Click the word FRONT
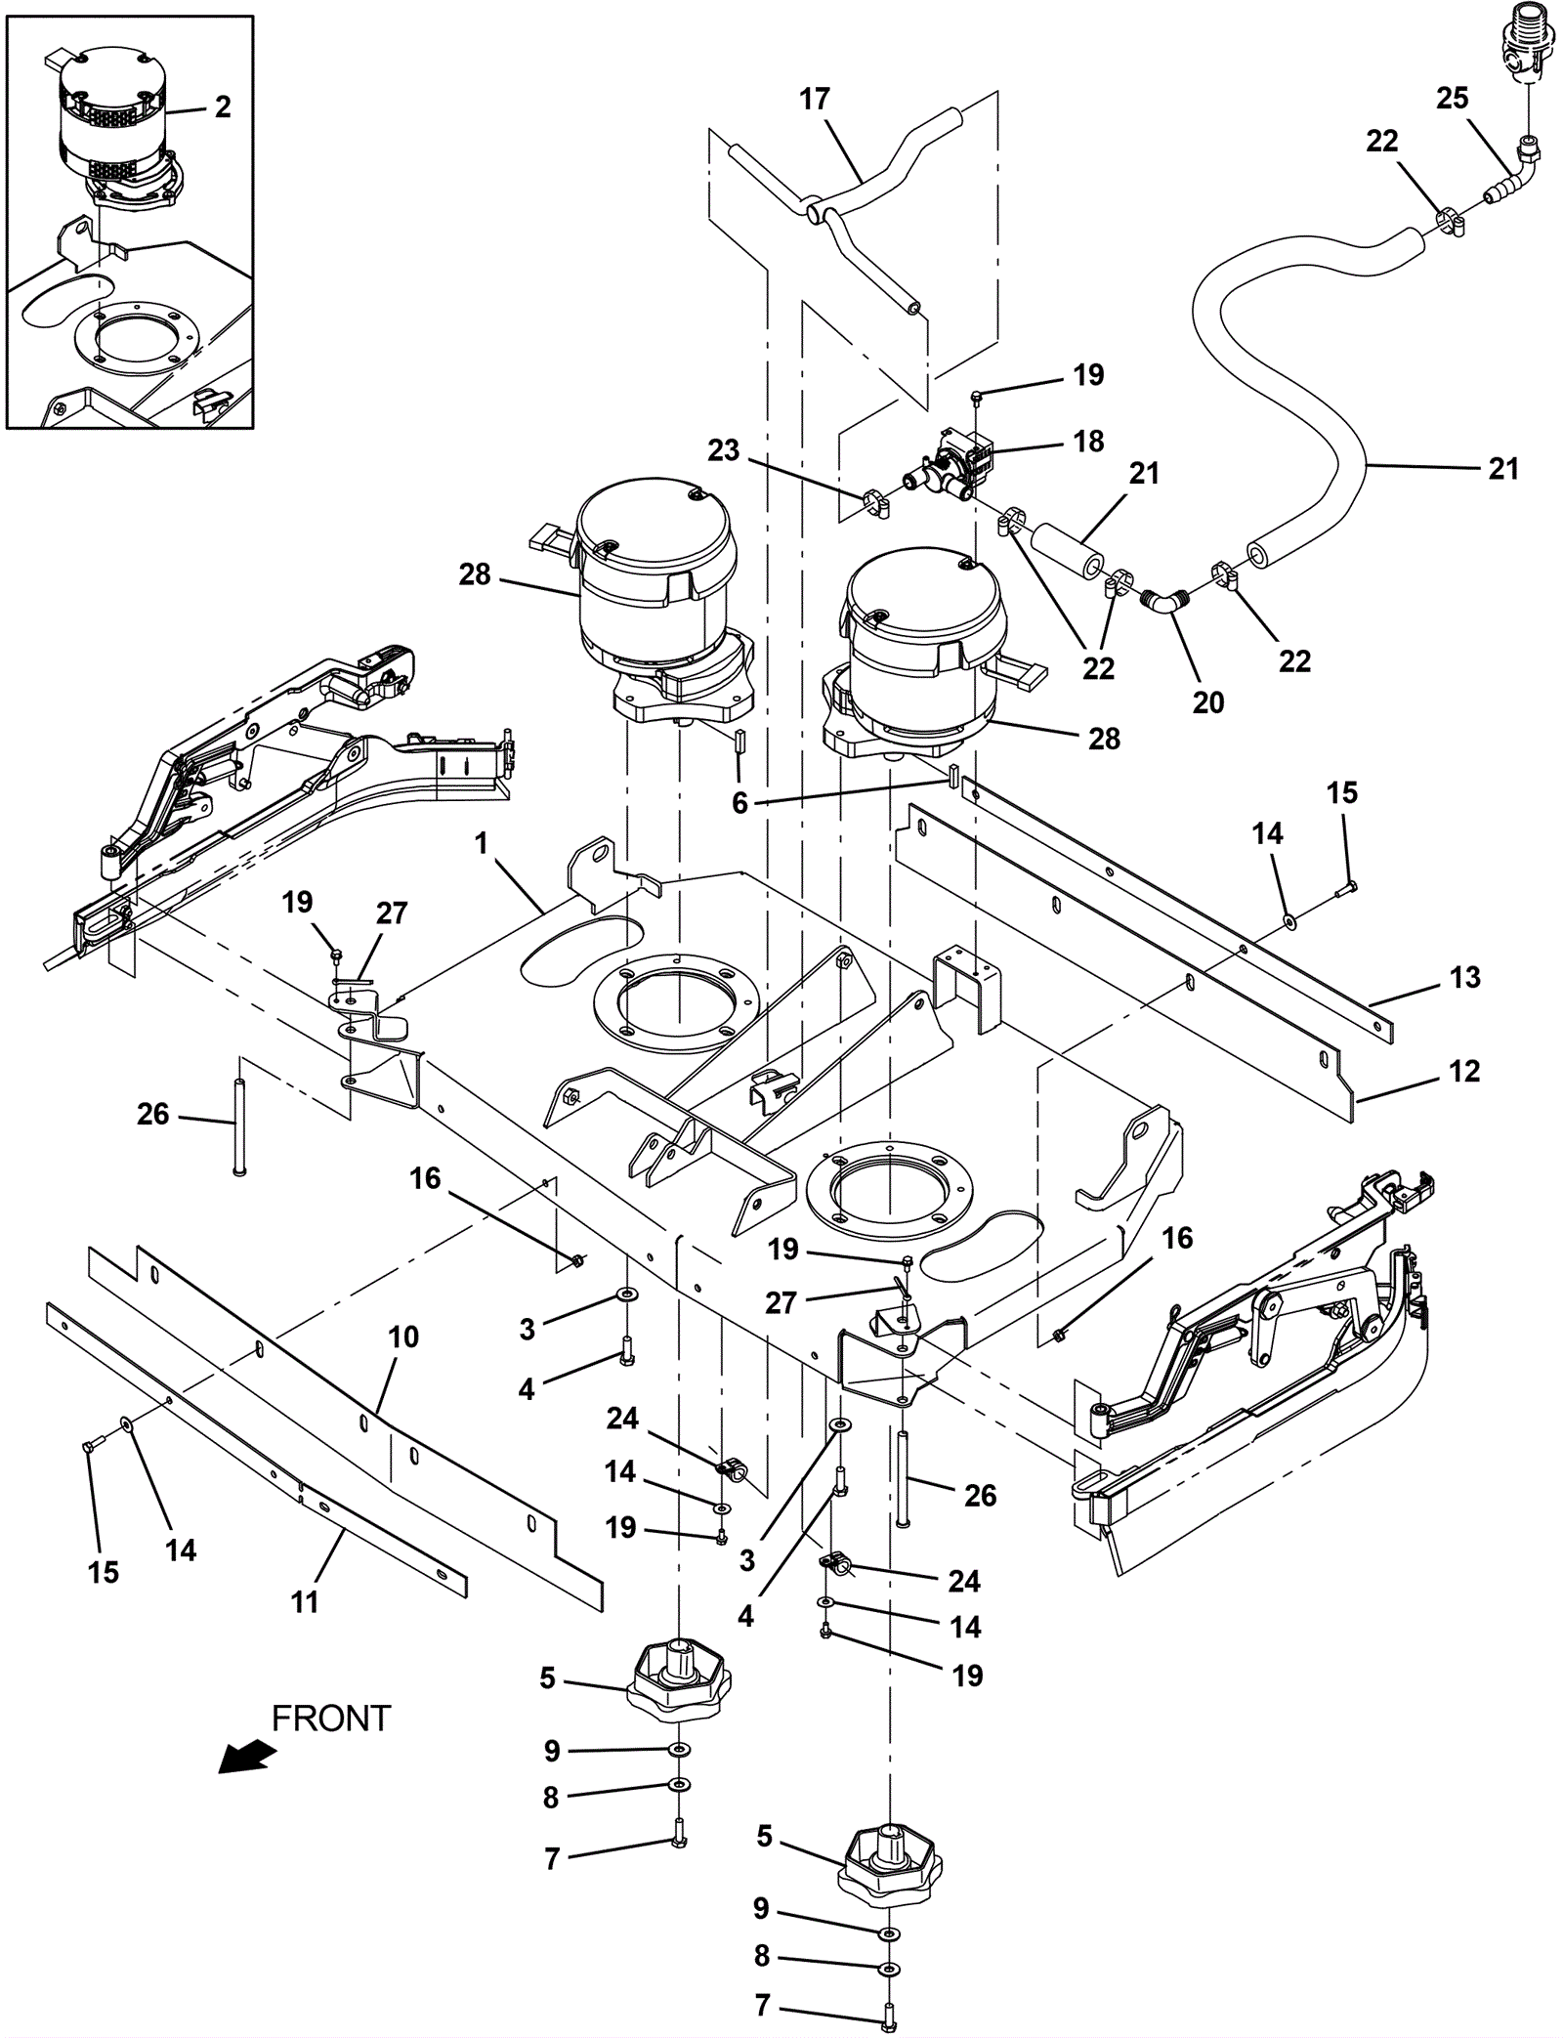(330, 1718)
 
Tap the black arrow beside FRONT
(246, 1757)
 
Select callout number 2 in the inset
(223, 106)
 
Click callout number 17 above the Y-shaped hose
(814, 99)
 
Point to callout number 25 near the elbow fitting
(1452, 98)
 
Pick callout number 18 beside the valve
(1088, 441)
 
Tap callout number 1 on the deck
(481, 843)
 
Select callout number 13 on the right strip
(1464, 977)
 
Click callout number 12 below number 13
(1463, 1071)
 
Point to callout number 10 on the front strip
(403, 1337)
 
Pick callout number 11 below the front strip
(305, 1601)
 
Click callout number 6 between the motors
(739, 802)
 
